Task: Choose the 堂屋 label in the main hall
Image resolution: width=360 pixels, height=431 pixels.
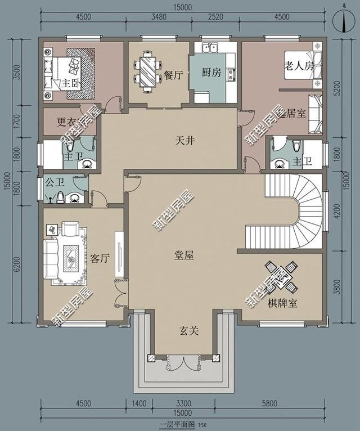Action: (183, 255)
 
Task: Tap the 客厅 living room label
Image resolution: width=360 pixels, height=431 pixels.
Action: (99, 258)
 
